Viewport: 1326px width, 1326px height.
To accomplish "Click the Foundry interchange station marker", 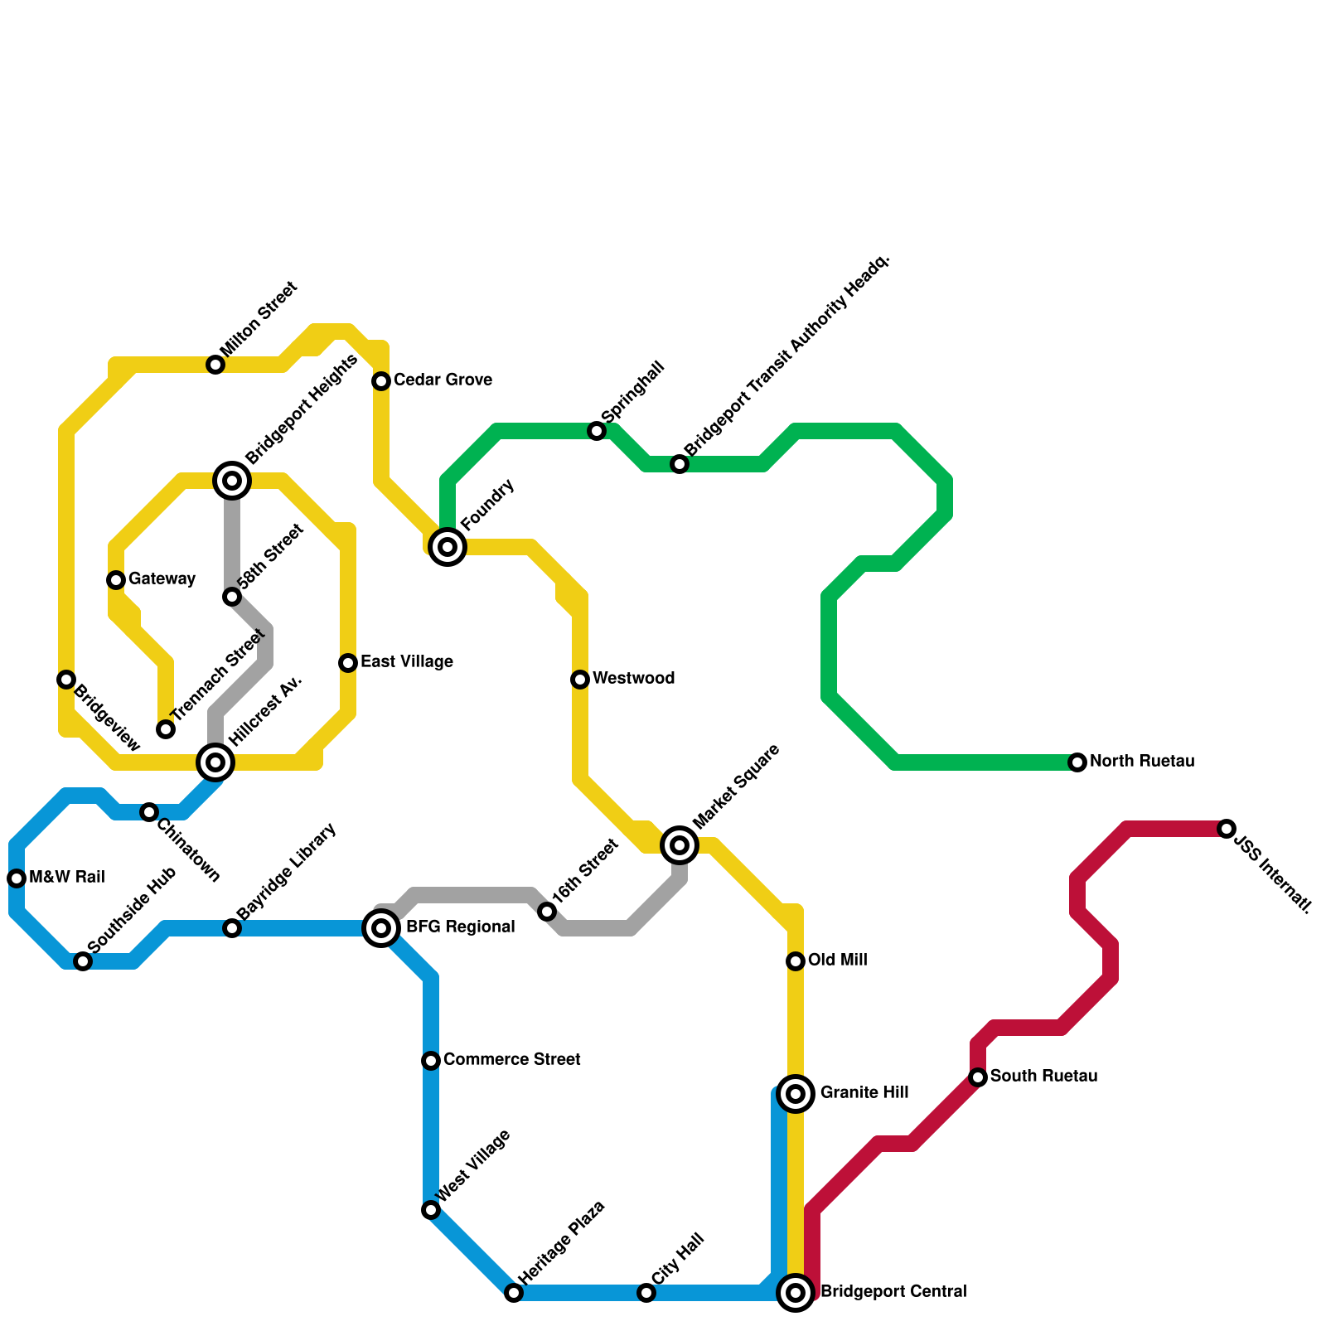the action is click(448, 547).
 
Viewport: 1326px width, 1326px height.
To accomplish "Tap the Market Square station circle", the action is click(680, 845).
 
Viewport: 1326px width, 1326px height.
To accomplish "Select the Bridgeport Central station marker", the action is click(796, 1293).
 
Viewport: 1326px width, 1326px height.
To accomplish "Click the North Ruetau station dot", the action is click(1077, 762).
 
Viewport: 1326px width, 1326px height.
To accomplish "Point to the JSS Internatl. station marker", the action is click(1227, 829).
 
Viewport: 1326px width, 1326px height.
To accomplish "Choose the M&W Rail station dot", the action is click(17, 878).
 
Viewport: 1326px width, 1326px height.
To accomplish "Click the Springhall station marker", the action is click(597, 431).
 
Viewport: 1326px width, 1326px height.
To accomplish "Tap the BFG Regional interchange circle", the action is click(381, 928).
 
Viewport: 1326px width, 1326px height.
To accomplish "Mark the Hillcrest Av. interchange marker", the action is click(215, 762).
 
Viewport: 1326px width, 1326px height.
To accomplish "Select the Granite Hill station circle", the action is click(796, 1094).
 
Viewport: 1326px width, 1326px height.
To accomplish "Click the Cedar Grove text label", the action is click(443, 380).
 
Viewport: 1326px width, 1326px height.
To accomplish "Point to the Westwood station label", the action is click(633, 679).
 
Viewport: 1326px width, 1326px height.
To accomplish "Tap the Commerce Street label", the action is click(511, 1060).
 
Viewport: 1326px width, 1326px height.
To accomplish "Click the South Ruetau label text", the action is click(1043, 1077).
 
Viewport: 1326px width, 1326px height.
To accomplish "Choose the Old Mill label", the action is click(837, 961).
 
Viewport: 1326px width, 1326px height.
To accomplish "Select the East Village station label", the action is click(406, 662).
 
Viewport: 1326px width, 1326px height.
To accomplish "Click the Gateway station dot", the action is click(116, 580).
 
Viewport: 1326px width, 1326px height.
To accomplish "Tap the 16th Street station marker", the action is click(547, 912).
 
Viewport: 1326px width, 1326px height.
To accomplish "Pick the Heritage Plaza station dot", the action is click(514, 1293).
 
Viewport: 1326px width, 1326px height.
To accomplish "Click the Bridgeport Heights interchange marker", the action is click(232, 481).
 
